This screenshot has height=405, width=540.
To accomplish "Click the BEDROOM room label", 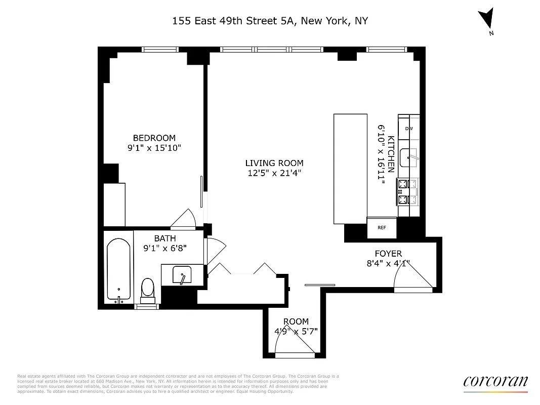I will [154, 138].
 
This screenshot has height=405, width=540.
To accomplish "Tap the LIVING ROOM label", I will [274, 163].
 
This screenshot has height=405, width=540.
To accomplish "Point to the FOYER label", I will [388, 254].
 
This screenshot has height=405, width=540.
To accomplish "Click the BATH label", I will [165, 238].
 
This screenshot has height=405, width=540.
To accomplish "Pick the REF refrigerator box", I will [382, 227].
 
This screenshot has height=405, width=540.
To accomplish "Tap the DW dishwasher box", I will [408, 129].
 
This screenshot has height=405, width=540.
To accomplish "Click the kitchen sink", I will [408, 158].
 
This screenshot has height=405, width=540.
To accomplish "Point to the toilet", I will [147, 290].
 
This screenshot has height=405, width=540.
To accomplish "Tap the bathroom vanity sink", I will [182, 275].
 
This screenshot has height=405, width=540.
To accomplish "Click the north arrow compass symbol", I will [487, 19].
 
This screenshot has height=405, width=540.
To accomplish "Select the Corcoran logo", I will [495, 382].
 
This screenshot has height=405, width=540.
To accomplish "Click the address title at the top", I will [270, 21].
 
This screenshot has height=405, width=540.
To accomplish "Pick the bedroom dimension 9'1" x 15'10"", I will [154, 148].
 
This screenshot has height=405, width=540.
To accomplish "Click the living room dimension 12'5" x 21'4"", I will [274, 173].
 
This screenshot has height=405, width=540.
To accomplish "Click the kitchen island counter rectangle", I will [350, 169].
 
